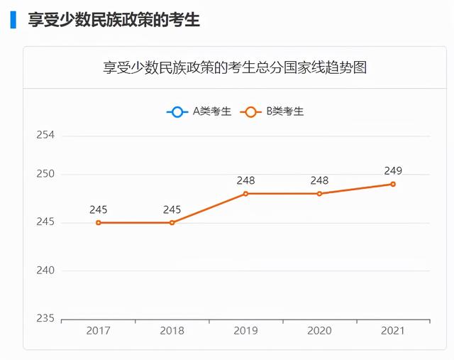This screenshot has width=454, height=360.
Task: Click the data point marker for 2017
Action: tap(99, 222)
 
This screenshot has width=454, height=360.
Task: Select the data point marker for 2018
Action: tap(172, 222)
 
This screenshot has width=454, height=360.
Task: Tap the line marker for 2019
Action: tap(246, 193)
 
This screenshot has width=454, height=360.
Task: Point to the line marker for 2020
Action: tap(320, 193)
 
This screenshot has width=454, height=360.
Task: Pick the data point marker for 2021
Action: tap(393, 184)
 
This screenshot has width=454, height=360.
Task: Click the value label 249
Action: tap(393, 170)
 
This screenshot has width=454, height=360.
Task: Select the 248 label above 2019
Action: tap(246, 180)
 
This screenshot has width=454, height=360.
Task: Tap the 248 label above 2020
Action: tap(320, 180)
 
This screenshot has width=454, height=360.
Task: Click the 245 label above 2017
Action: tap(99, 209)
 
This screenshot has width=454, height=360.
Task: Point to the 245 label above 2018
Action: tap(172, 209)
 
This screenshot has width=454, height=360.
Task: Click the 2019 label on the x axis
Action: tap(246, 331)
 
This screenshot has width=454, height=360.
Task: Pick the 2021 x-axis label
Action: tap(393, 331)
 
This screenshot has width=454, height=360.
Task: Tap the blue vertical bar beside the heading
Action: tap(13, 19)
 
